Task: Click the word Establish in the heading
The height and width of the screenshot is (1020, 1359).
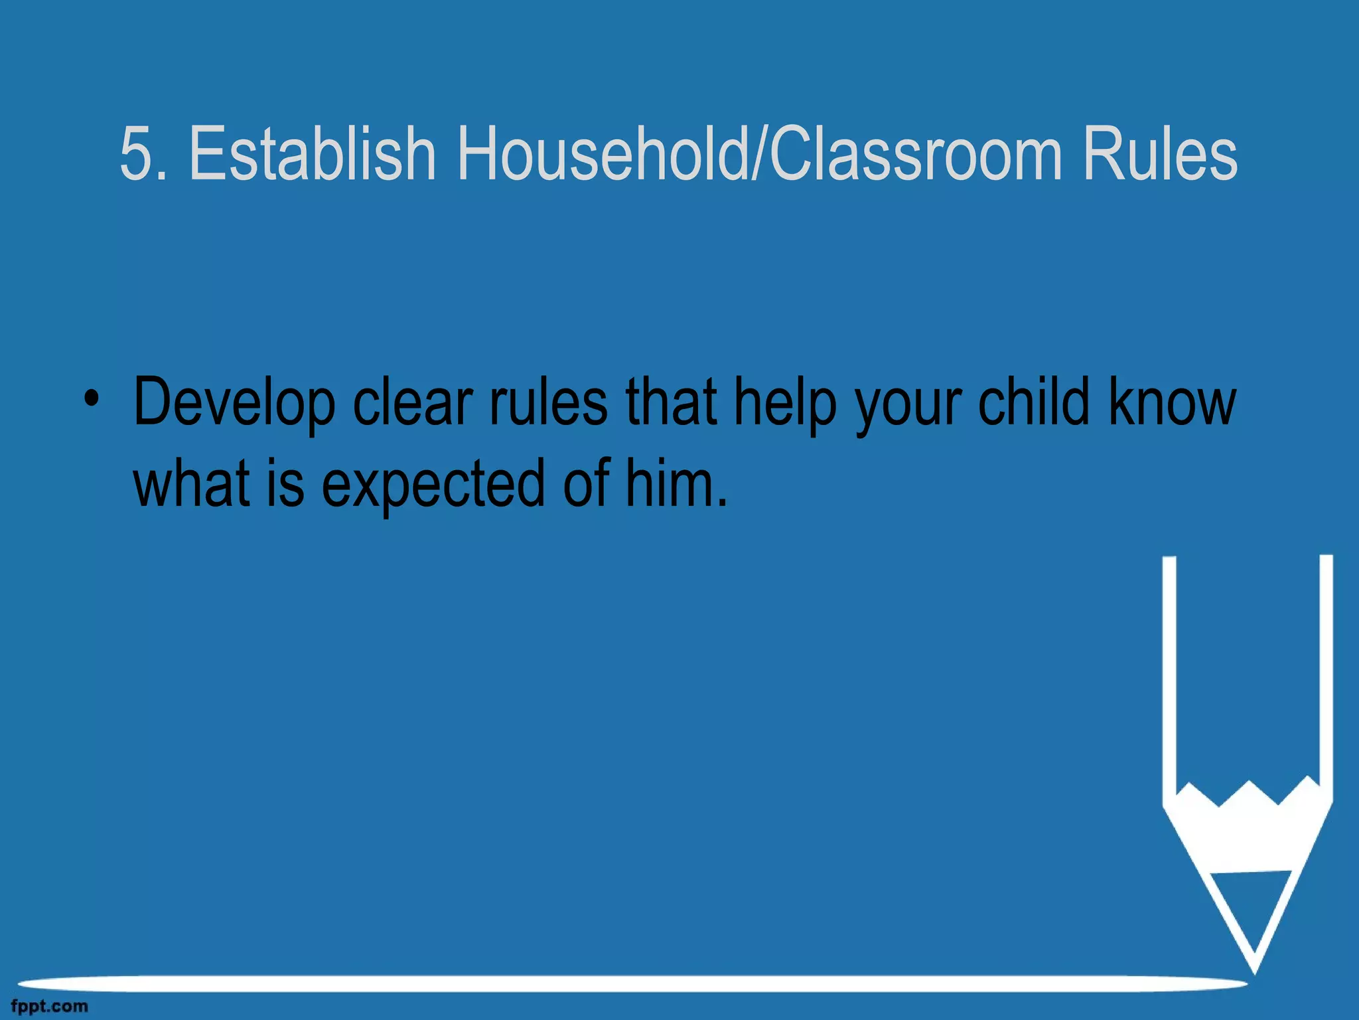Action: point(312,153)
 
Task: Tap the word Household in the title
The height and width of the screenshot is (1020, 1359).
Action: point(601,153)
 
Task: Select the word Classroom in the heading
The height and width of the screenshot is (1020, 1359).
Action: point(916,153)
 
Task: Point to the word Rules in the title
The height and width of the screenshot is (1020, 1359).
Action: point(1160,153)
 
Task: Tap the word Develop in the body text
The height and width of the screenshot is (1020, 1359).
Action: point(234,402)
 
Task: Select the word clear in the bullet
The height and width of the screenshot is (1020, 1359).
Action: point(413,402)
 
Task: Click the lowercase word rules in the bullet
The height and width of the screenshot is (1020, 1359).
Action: point(548,402)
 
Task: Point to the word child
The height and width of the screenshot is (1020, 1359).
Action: point(1034,402)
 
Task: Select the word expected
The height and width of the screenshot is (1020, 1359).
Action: point(433,483)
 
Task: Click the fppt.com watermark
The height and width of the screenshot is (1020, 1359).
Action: point(50,1007)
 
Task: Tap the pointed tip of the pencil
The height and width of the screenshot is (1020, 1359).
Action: point(1253,966)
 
